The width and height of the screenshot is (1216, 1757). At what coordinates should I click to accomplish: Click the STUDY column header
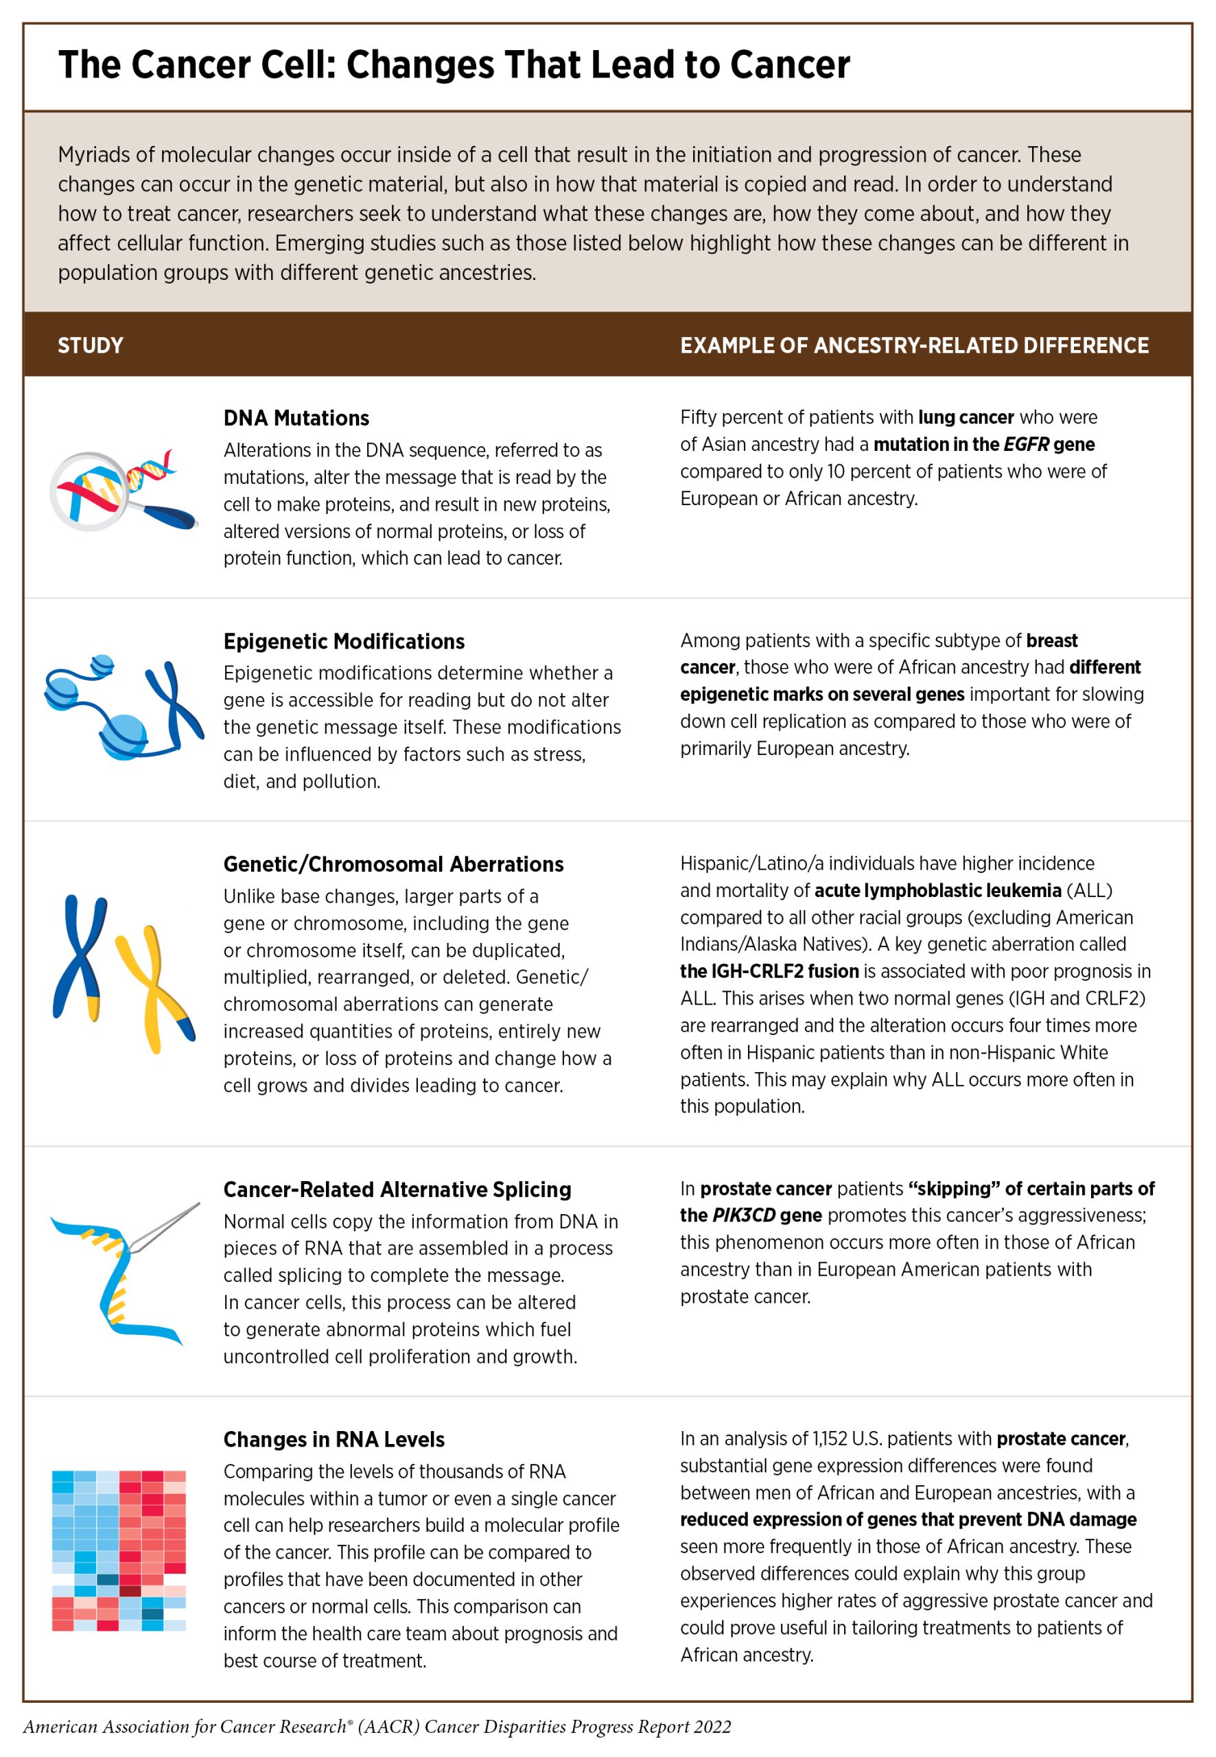(x=90, y=345)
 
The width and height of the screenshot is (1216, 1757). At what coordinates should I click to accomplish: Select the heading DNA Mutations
(x=296, y=417)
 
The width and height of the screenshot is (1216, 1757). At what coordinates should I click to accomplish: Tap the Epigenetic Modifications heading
(x=344, y=641)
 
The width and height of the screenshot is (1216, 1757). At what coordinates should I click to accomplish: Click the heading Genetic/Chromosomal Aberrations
(x=393, y=863)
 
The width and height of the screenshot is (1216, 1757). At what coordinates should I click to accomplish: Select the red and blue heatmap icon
(x=119, y=1550)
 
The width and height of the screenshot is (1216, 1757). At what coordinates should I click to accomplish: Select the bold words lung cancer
(x=966, y=417)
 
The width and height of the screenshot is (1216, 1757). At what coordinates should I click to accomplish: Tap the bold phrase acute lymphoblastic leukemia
(x=937, y=890)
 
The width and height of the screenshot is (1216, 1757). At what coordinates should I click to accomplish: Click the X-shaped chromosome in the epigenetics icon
(x=175, y=699)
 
